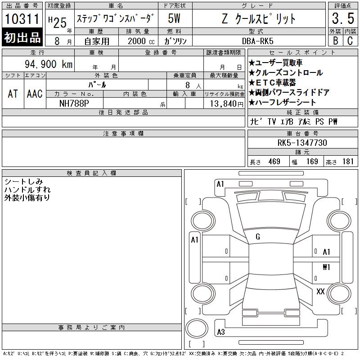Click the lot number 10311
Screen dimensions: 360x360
point(22,19)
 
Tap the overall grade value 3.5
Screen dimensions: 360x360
point(343,18)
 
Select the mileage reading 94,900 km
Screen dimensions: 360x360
point(49,64)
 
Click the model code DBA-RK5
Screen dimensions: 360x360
point(257,41)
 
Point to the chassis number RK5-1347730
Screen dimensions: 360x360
point(302,143)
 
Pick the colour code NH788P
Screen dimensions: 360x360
point(74,103)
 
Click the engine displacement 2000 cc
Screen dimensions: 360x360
point(141,41)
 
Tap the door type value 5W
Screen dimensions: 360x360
point(174,18)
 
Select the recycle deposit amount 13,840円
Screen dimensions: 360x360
point(226,104)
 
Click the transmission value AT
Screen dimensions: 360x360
point(13,94)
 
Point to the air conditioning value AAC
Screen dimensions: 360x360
point(35,94)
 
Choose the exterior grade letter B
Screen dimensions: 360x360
point(335,40)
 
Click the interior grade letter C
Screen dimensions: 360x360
point(350,40)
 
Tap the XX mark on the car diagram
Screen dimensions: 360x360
point(320,292)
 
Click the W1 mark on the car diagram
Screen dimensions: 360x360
point(326,267)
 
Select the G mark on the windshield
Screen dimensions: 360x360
point(258,237)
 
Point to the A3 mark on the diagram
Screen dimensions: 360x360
point(221,332)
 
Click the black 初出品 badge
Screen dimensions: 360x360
point(22,37)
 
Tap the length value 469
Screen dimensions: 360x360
point(274,162)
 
